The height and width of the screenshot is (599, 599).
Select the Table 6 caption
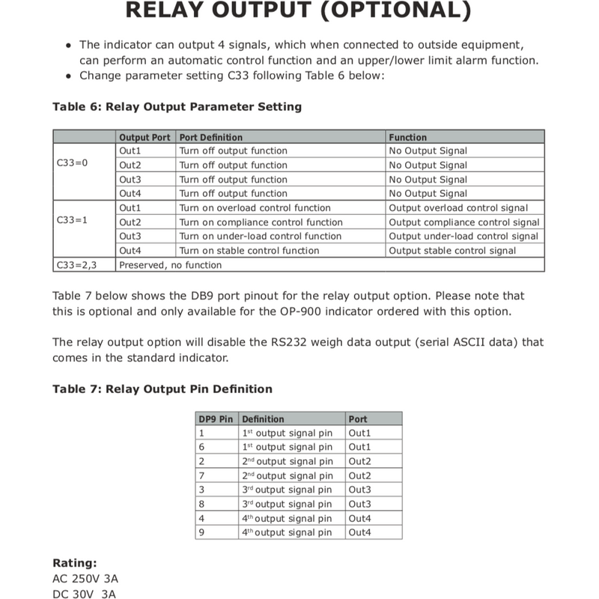point(177,106)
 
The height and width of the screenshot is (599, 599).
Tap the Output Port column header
point(145,137)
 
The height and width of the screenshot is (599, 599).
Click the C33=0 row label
point(72,162)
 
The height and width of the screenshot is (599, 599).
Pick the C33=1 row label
point(72,222)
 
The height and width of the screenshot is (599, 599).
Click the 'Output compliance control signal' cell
point(463,222)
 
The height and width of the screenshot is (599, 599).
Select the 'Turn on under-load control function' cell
point(261,237)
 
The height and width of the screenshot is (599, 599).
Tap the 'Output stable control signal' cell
point(452,251)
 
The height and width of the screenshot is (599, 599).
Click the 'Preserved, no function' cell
point(171,265)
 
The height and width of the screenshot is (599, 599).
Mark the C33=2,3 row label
point(77,265)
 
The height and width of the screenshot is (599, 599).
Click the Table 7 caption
point(162,389)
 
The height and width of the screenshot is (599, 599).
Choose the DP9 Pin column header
point(216,419)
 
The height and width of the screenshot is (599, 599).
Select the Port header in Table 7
point(358,419)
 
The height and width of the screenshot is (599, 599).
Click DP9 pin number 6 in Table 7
point(201,447)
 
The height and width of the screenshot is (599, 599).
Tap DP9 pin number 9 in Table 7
point(201,532)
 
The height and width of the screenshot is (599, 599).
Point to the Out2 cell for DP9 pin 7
point(359,475)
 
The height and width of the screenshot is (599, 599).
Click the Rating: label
point(75,563)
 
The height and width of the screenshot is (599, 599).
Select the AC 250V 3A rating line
point(85,579)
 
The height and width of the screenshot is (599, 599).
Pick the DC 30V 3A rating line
point(84,595)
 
